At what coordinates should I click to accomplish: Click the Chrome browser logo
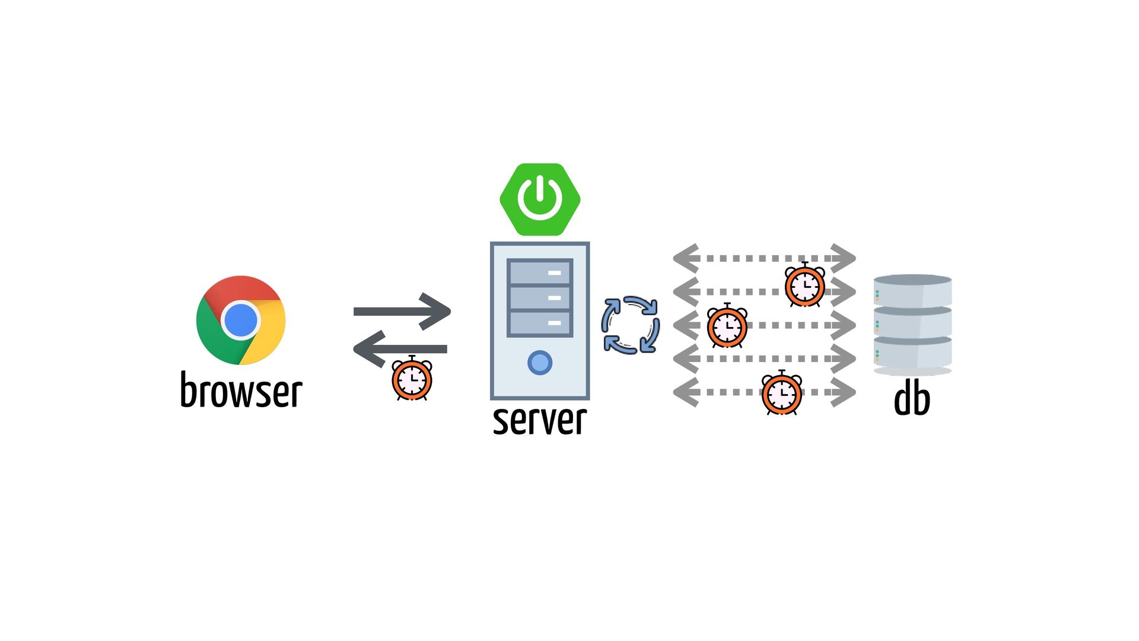(x=240, y=320)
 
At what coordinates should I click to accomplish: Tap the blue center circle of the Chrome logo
(x=240, y=320)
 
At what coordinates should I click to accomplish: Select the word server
(x=539, y=420)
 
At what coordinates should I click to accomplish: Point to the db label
(x=912, y=399)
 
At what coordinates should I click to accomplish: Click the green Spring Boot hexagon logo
(x=540, y=199)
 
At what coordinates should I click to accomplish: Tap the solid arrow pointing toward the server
(x=402, y=311)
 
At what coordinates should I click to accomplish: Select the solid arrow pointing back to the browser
(x=400, y=349)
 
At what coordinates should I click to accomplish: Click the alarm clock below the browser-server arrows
(x=412, y=379)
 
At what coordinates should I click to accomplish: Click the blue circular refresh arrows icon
(x=630, y=325)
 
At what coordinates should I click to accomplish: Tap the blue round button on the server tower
(x=540, y=363)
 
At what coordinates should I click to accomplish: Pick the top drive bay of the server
(x=540, y=272)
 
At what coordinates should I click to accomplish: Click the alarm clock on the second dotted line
(x=804, y=285)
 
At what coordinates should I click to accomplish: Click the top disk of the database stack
(x=912, y=290)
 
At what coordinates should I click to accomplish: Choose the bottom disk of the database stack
(x=912, y=353)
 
